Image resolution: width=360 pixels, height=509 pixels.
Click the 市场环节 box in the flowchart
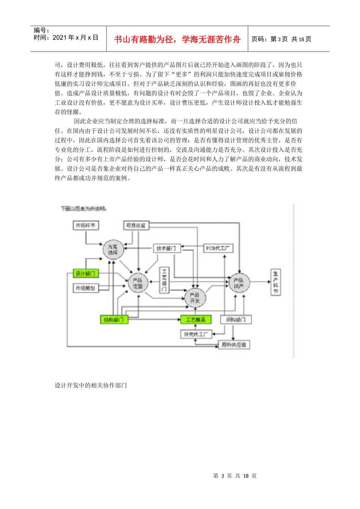click(85, 226)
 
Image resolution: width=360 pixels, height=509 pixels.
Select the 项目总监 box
click(136, 226)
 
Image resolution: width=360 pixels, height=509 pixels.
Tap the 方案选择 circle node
click(113, 250)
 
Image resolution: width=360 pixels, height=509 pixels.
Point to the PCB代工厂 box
click(218, 248)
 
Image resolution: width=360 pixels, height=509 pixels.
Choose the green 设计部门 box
click(85, 273)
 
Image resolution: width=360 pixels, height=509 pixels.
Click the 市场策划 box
click(85, 288)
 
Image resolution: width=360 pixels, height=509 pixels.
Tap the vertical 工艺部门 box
click(164, 280)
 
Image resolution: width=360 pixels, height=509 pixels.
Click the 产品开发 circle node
click(195, 298)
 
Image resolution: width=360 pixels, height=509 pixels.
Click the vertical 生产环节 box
click(275, 282)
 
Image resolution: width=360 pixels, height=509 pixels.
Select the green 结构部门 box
click(114, 320)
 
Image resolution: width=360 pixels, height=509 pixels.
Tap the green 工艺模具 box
click(196, 320)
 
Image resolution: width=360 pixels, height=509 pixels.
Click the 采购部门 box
click(235, 320)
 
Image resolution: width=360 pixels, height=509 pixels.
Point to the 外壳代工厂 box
click(196, 334)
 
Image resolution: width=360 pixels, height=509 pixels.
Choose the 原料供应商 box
click(234, 345)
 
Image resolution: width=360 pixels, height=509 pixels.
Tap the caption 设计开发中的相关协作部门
click(91, 386)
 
